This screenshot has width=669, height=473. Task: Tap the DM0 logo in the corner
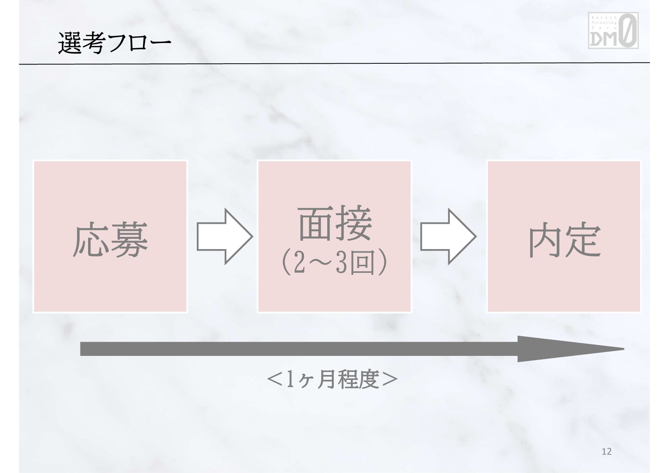613,31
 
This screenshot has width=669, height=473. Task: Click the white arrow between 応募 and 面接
224,236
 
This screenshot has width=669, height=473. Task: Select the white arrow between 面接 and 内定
448,236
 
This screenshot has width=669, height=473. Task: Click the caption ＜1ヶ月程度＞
332,380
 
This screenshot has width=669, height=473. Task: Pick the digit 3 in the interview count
341,264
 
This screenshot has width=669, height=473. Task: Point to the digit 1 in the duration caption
290,380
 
